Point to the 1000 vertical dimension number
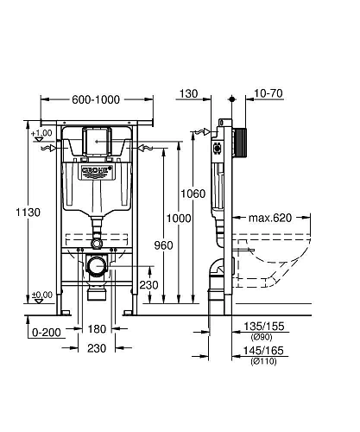tap(179, 219)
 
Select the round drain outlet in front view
tap(97, 265)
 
